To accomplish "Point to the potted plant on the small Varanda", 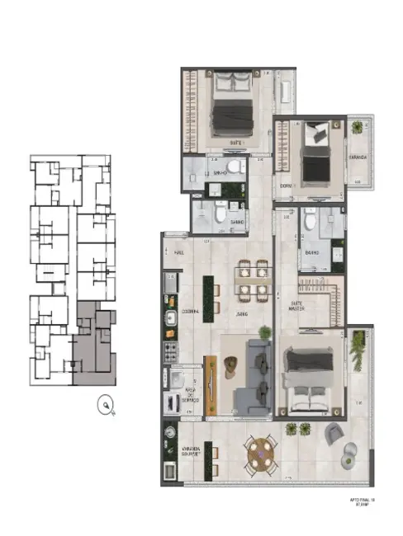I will [358, 128].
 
